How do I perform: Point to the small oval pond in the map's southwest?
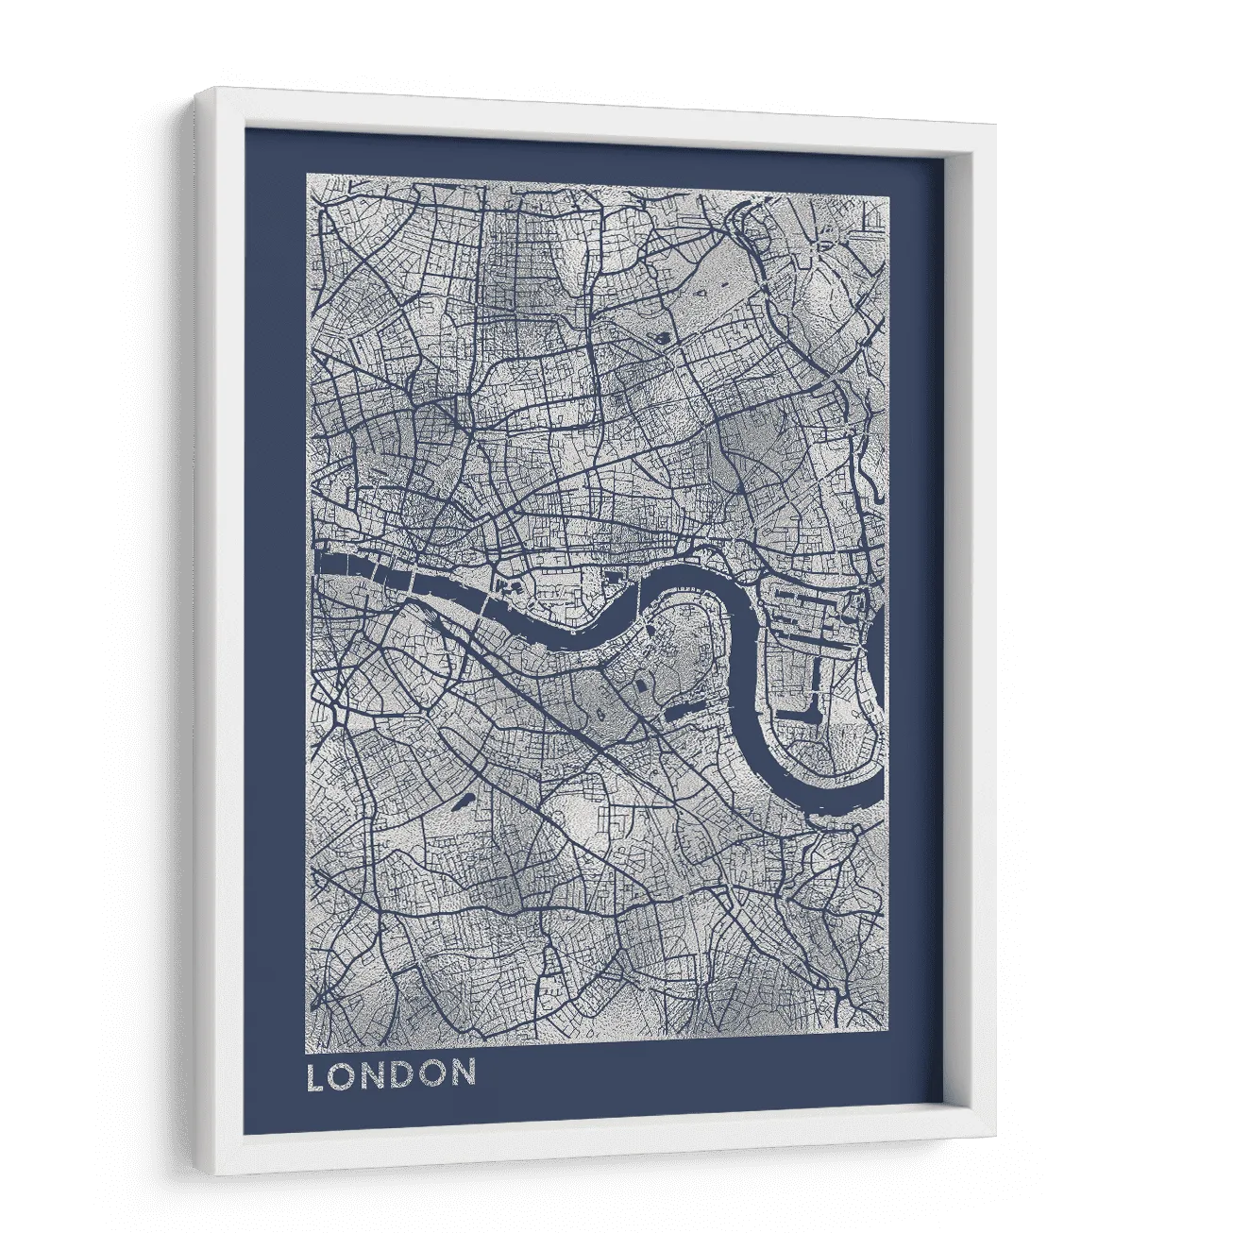tap(463, 805)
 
